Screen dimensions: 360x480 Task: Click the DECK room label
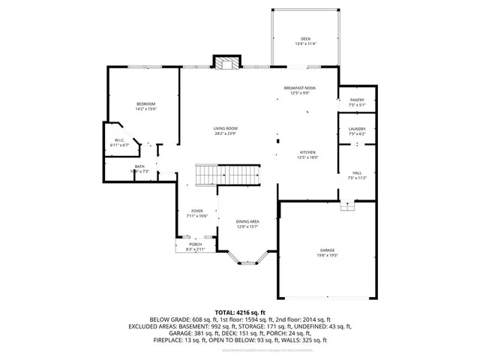305,39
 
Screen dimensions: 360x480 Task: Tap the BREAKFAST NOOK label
299,88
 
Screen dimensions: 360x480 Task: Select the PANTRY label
356,100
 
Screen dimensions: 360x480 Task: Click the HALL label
356,173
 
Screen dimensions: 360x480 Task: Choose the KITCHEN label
308,152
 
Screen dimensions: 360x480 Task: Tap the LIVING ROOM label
225,128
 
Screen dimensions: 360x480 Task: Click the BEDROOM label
145,103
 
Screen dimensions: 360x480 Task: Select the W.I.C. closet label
119,140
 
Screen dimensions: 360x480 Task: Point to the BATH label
139,166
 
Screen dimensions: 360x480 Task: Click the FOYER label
197,211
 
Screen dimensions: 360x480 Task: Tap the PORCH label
195,244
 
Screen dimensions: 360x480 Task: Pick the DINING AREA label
247,221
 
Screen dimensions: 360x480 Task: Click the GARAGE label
326,250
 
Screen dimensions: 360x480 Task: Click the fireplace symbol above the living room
226,63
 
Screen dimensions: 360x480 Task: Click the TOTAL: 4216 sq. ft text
240,311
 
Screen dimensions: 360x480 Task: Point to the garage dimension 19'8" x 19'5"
326,256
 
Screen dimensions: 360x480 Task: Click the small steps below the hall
346,206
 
